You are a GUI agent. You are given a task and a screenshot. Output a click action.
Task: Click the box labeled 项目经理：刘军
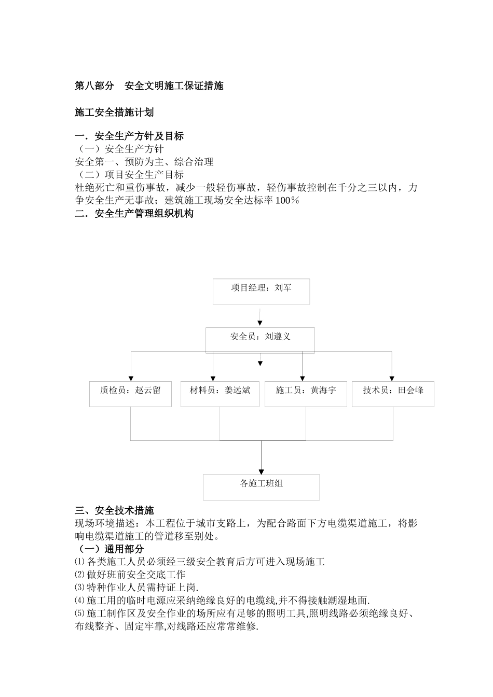click(x=261, y=291)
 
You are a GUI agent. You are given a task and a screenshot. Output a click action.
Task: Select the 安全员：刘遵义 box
click(x=260, y=340)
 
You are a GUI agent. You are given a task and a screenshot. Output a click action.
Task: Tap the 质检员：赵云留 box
click(x=130, y=394)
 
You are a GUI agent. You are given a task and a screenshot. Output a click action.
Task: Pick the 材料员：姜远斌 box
click(x=220, y=394)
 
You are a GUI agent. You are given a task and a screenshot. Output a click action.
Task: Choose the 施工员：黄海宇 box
click(x=306, y=394)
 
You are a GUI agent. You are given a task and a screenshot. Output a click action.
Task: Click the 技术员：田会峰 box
click(x=393, y=394)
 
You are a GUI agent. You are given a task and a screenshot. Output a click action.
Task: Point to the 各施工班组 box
click(x=261, y=487)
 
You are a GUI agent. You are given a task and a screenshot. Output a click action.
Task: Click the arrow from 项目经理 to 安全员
click(x=260, y=316)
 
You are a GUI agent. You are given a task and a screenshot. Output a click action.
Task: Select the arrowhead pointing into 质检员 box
click(x=131, y=379)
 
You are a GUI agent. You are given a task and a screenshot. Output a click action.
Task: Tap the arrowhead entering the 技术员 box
click(x=392, y=379)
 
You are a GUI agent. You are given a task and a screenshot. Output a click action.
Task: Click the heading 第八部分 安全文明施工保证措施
click(x=149, y=86)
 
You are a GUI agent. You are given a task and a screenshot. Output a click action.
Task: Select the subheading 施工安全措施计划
click(x=114, y=112)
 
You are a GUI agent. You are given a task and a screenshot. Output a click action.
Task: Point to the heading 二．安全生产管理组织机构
click(x=134, y=213)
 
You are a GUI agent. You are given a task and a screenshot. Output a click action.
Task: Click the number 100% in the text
click(x=287, y=201)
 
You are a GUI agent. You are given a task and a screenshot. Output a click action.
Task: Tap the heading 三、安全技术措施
click(x=114, y=511)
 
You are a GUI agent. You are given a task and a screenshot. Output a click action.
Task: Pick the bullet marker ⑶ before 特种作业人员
click(x=79, y=588)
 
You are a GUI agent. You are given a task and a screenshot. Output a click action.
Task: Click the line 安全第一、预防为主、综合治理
click(x=144, y=162)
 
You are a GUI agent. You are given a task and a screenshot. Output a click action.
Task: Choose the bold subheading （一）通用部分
click(x=109, y=549)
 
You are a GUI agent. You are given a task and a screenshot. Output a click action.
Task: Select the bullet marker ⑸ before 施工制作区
click(x=79, y=614)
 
